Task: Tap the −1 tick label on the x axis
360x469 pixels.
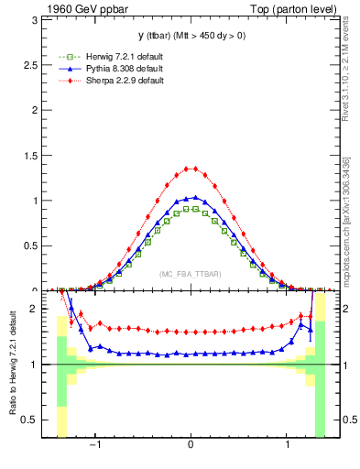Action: [93, 445]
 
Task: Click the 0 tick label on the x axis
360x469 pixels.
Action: [191, 445]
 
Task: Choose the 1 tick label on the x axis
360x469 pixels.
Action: [289, 445]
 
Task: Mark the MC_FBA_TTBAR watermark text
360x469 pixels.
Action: [191, 274]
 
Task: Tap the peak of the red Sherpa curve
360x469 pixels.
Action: [191, 169]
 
